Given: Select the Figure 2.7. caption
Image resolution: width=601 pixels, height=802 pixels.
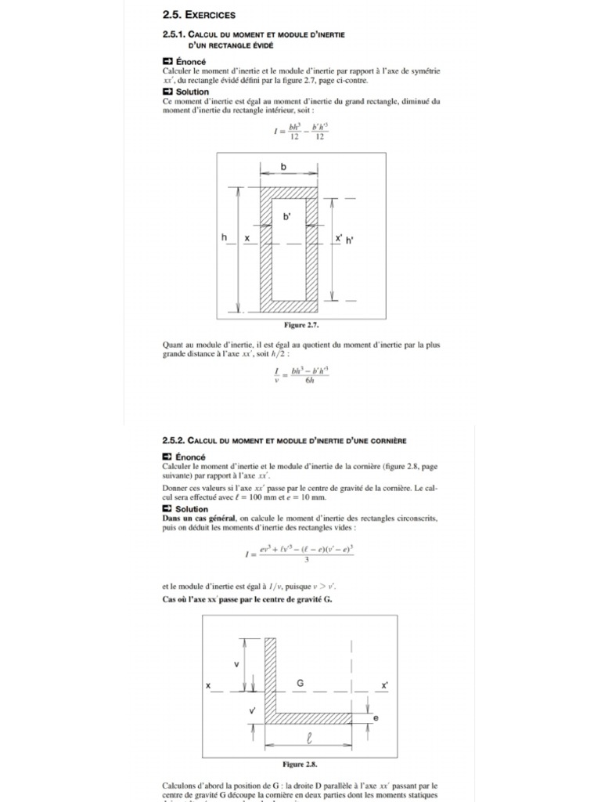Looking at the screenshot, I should pyautogui.click(x=301, y=324).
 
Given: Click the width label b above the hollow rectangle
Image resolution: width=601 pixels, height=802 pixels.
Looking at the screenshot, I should pyautogui.click(x=283, y=167).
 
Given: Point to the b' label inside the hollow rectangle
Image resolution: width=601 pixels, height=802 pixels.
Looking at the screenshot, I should pyautogui.click(x=287, y=215).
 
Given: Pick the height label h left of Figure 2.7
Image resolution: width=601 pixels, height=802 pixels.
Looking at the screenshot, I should pyautogui.click(x=225, y=237).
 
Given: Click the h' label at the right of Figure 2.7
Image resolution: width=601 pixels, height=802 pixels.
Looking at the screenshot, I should pyautogui.click(x=350, y=240).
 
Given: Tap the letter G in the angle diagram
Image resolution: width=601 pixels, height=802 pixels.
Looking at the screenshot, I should pyautogui.click(x=300, y=683).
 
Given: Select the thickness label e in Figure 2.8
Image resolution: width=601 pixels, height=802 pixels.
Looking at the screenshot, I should pyautogui.click(x=376, y=717).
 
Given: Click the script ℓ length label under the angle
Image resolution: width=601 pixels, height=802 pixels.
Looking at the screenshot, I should pyautogui.click(x=309, y=737).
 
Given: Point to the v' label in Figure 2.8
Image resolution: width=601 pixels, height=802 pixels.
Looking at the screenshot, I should pyautogui.click(x=252, y=710).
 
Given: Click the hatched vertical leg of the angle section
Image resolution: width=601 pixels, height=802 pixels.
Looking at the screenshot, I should pyautogui.click(x=271, y=677).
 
